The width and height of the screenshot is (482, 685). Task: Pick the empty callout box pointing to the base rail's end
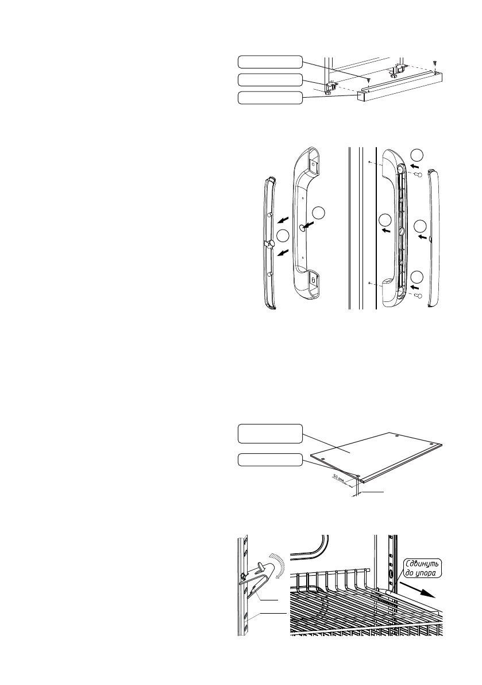(x=269, y=98)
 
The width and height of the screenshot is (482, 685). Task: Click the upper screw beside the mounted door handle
(x=419, y=173)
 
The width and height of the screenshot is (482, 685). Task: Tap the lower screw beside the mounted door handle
(x=419, y=295)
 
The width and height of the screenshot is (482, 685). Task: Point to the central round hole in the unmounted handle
(x=302, y=227)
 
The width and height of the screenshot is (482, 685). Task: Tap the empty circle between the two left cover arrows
(x=283, y=236)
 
